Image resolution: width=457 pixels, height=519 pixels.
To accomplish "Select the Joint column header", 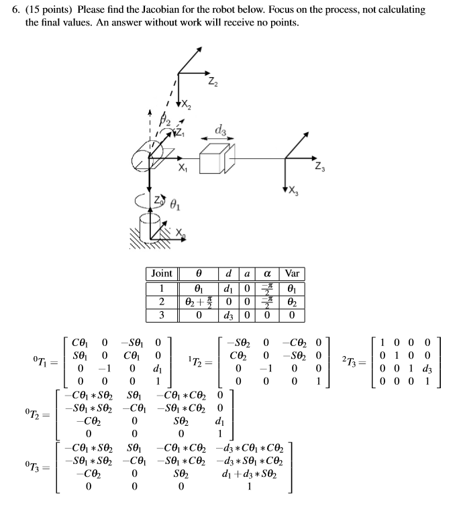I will [162, 274].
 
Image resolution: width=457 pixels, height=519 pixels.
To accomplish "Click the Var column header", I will [292, 274].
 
